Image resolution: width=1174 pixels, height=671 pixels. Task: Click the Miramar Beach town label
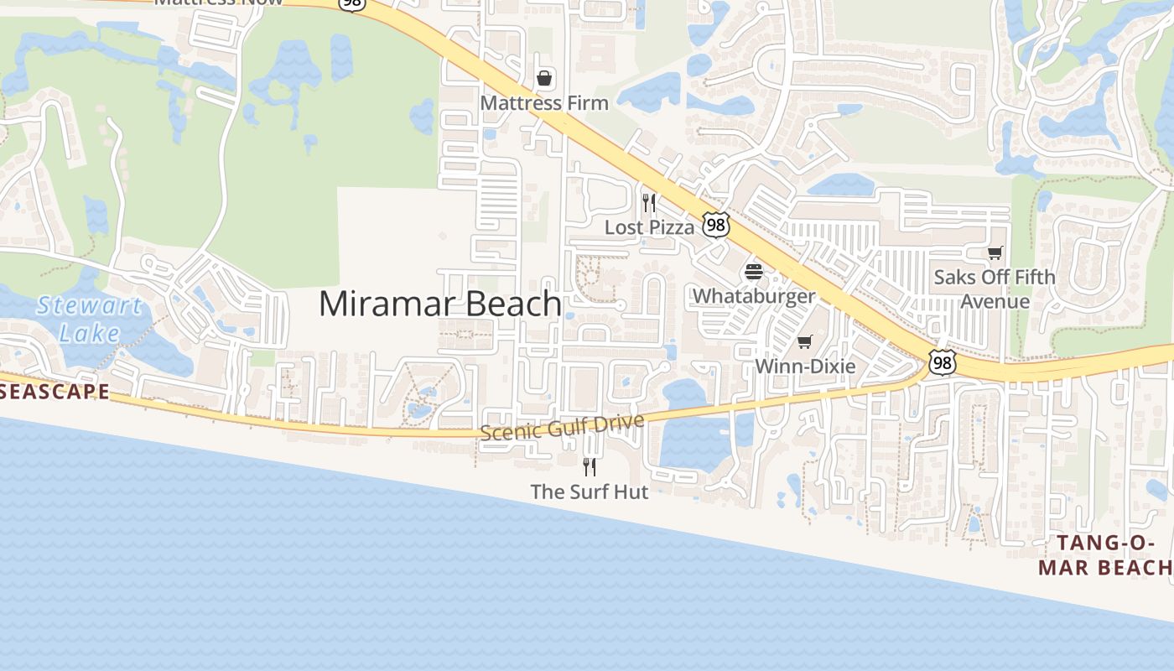(440, 304)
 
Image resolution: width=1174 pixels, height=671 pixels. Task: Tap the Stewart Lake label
(89, 320)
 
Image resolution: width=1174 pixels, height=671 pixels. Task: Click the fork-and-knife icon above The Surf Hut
(590, 466)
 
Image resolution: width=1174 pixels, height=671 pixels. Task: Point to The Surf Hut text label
(590, 492)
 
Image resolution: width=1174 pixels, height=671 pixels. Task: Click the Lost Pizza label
(650, 227)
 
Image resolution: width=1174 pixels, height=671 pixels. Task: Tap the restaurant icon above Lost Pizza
(648, 203)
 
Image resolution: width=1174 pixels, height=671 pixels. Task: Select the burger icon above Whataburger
(753, 272)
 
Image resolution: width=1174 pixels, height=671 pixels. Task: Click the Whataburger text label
(753, 296)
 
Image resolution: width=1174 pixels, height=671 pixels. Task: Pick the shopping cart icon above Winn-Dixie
(805, 341)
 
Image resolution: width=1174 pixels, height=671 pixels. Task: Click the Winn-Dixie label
(805, 367)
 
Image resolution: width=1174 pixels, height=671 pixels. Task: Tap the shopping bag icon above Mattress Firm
(544, 79)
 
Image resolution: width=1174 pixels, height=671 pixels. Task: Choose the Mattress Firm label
(544, 103)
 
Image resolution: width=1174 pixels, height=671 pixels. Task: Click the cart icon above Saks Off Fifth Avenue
(995, 252)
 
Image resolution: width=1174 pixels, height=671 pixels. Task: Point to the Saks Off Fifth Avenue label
(995, 289)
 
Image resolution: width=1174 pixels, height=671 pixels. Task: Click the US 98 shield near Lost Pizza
(716, 224)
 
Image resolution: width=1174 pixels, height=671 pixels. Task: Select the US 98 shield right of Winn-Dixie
(942, 362)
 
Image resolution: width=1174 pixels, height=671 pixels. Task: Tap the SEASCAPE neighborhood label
(55, 392)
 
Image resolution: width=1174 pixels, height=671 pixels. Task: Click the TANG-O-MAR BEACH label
(1104, 555)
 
